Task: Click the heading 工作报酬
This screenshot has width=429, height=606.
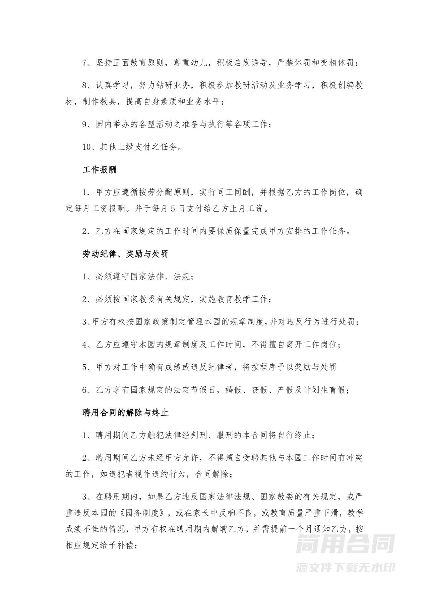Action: coord(100,170)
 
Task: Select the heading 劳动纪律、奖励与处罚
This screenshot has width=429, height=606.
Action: coord(125,254)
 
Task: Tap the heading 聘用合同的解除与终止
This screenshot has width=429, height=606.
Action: coord(125,412)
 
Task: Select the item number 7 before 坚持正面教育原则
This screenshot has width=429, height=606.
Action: coord(85,63)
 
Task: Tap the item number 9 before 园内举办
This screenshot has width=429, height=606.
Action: coord(85,124)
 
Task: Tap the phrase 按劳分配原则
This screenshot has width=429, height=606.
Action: coord(164,193)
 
